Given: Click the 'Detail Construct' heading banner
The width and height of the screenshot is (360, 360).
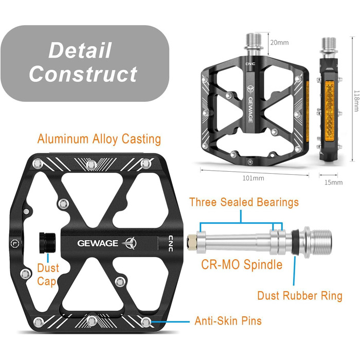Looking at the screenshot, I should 84,63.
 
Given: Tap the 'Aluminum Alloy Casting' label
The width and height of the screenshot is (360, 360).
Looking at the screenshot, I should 99,139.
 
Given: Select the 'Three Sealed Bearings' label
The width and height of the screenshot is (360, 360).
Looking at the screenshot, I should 244,202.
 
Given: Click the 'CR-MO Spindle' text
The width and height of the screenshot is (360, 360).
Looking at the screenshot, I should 241,265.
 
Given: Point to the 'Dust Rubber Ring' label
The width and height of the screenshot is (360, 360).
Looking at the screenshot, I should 300,296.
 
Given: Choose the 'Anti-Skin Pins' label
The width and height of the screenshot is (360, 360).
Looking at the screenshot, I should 228,321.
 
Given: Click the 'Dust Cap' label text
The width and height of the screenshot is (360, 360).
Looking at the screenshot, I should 48,275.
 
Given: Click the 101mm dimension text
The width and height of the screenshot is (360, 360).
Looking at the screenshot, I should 253,178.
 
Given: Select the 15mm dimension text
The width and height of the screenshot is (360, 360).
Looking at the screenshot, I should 334,182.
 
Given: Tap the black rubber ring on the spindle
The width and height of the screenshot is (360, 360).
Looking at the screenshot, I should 297,240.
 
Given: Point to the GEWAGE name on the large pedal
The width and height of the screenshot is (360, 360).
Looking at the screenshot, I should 98,243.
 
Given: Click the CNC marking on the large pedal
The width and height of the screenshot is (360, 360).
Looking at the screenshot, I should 171,243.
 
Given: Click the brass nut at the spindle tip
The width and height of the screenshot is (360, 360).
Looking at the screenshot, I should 191,240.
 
